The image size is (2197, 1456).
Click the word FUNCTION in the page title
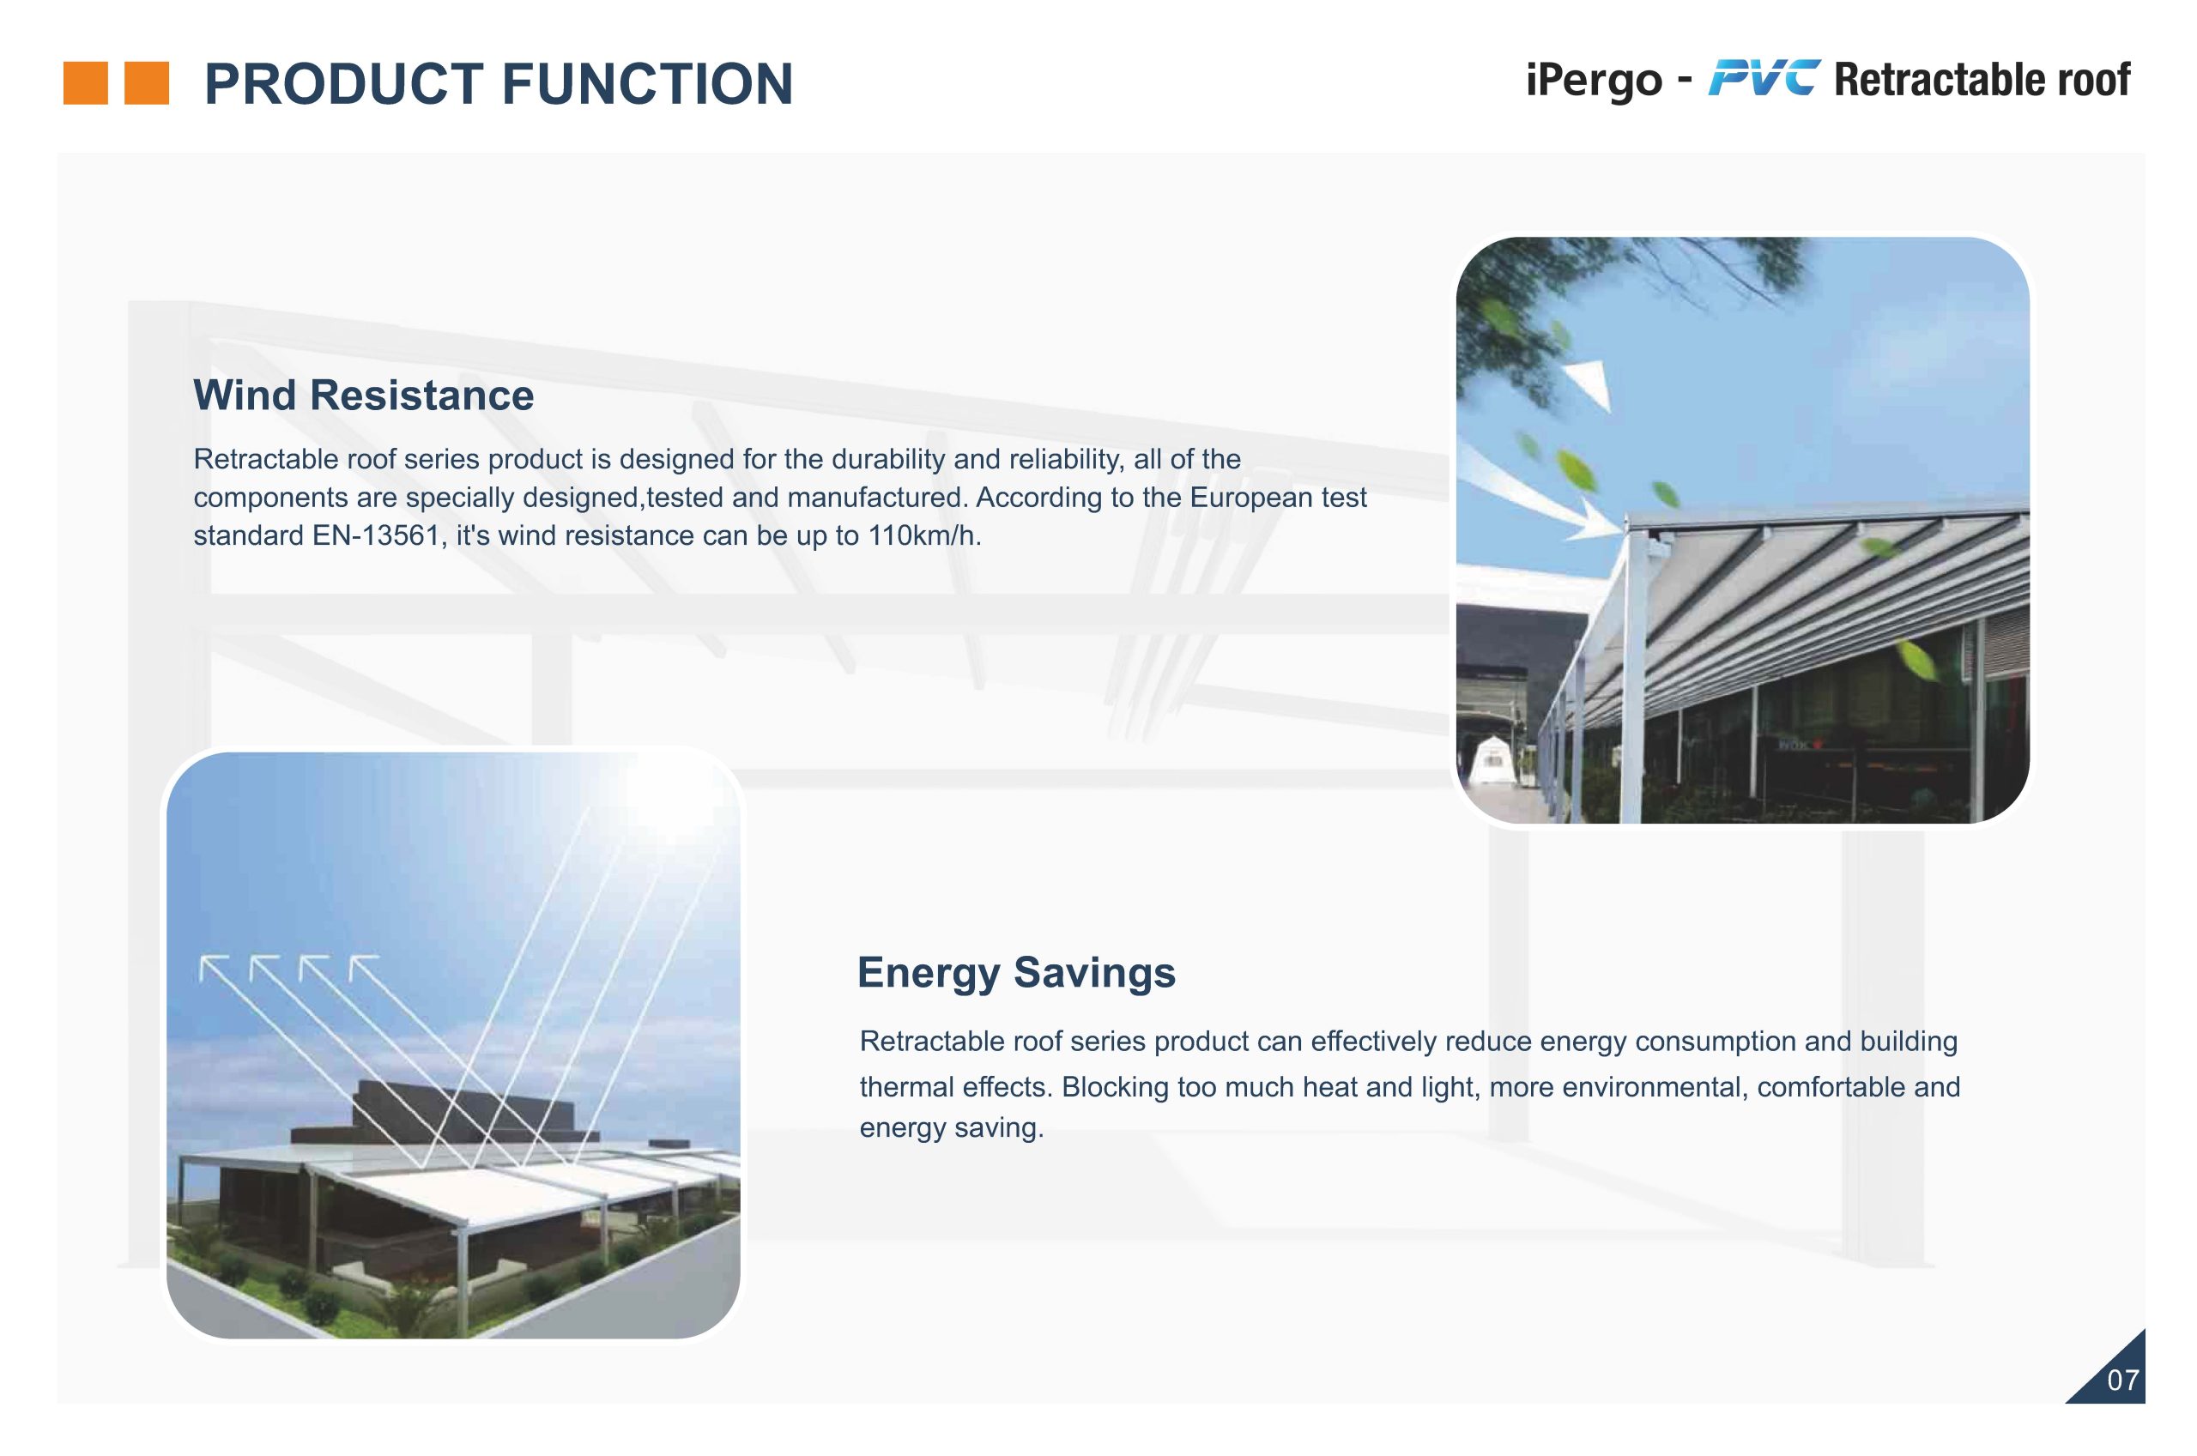(647, 83)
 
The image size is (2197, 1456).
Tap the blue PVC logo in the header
(1764, 78)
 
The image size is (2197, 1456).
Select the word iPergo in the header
(1595, 80)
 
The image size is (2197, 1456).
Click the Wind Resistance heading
(364, 395)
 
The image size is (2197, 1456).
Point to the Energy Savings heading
(1016, 973)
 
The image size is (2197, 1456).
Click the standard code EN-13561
(375, 535)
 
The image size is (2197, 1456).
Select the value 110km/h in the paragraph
(924, 535)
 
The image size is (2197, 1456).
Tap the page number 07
(2122, 1380)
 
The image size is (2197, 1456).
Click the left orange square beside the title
(86, 82)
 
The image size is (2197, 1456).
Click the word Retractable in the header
(1940, 80)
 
